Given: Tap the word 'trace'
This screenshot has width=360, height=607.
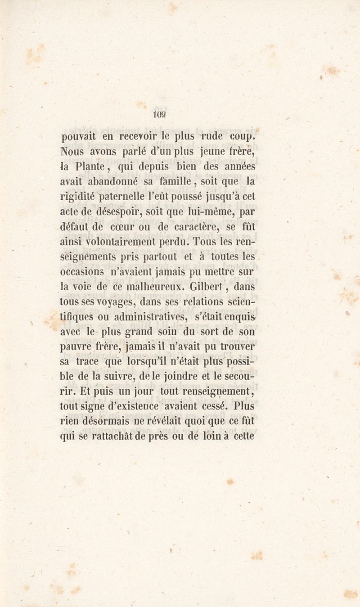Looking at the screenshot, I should [x=87, y=361].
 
